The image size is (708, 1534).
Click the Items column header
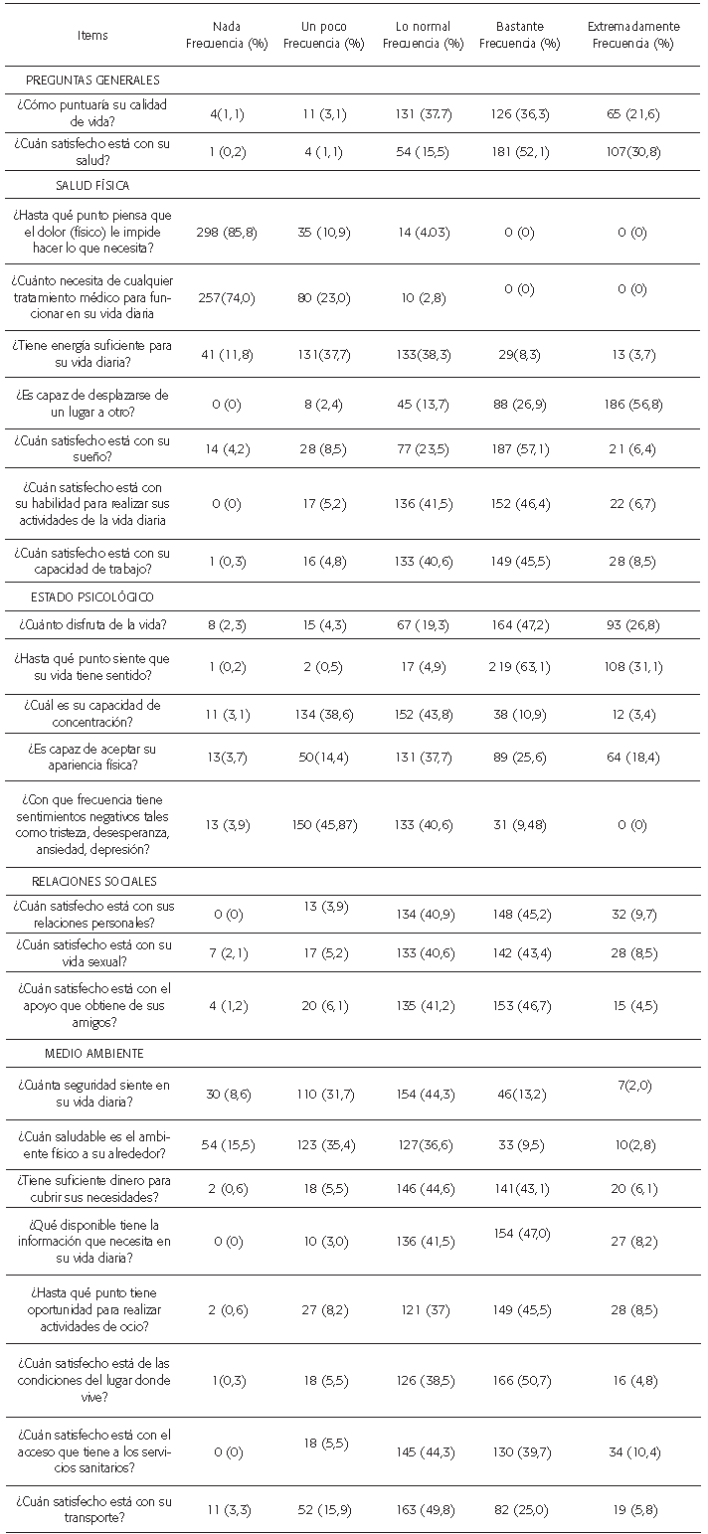point(92,35)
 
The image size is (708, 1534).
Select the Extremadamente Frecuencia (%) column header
point(632,35)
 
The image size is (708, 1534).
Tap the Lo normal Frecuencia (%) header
point(423,35)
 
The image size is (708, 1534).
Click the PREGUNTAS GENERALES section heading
point(94,80)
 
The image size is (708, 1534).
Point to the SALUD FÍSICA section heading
point(92,185)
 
